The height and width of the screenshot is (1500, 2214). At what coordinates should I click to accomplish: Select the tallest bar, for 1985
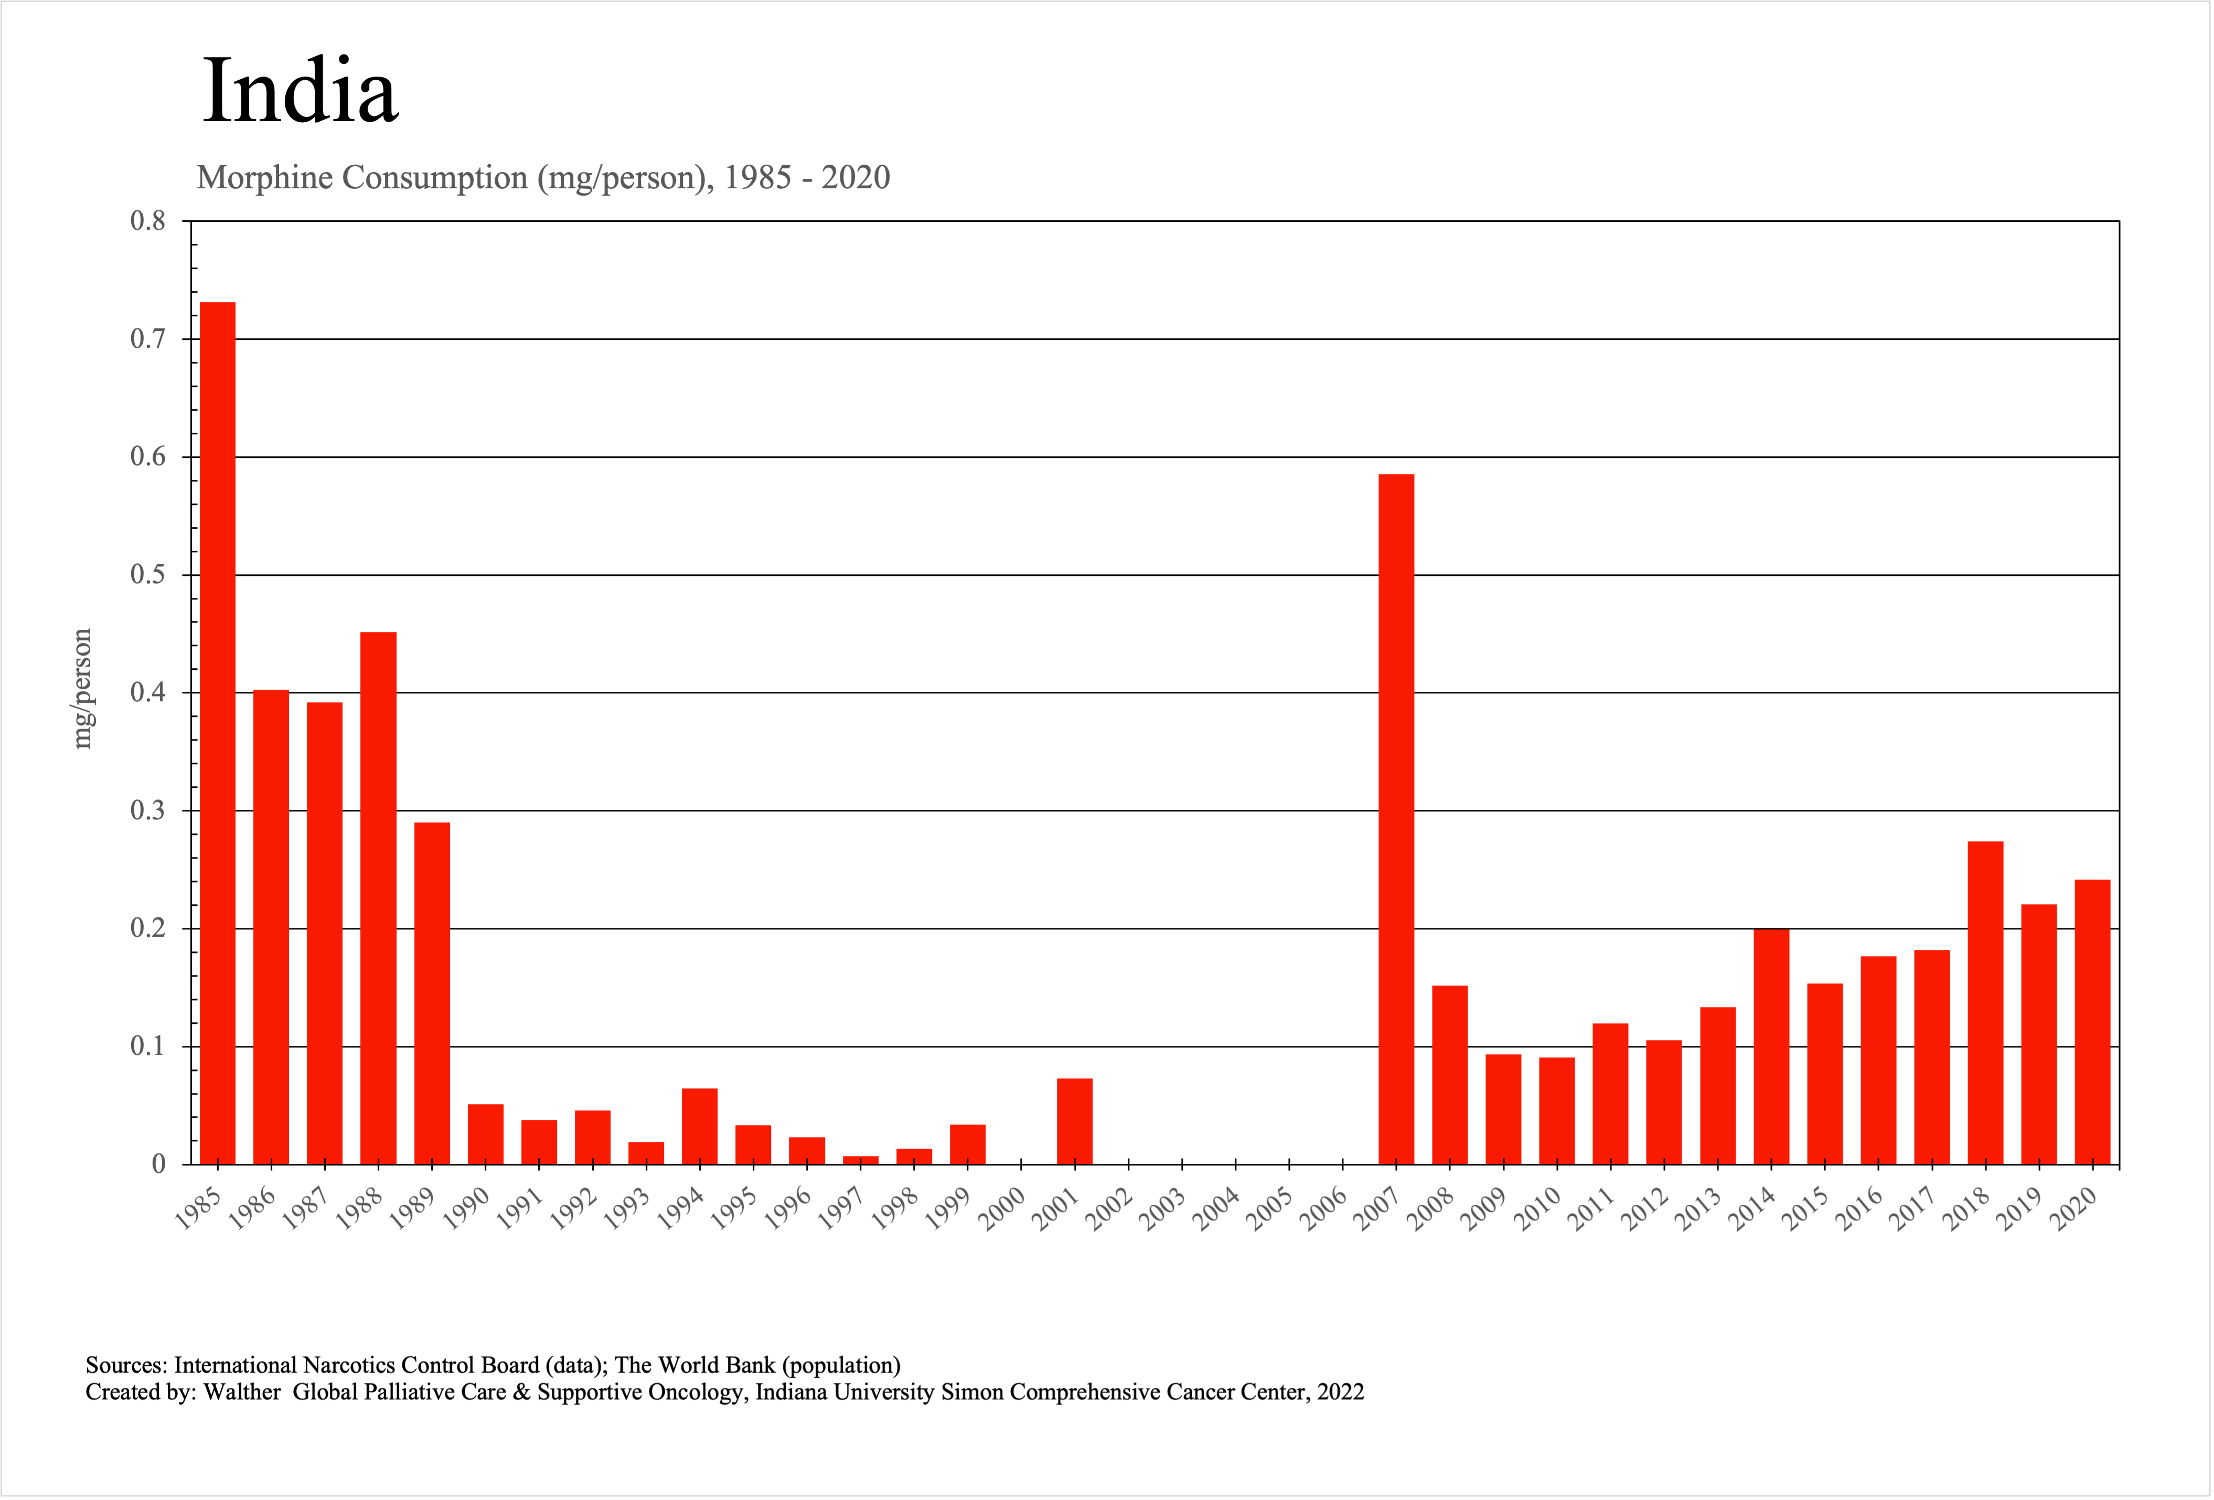point(218,733)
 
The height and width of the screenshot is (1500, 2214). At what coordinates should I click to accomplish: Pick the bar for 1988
point(378,898)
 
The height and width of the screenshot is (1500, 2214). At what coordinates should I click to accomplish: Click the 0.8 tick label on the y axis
point(148,221)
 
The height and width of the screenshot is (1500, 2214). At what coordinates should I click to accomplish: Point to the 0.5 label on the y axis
point(148,574)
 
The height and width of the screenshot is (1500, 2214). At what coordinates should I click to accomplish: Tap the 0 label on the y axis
point(159,1164)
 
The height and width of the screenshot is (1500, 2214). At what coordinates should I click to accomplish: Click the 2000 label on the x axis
point(1003,1208)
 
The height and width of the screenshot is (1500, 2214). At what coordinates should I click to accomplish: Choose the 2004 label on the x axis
point(1217,1208)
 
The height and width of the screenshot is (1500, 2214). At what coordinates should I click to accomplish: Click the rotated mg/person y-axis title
point(83,689)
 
